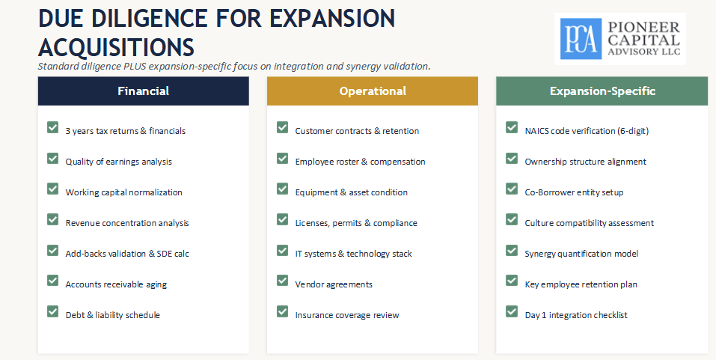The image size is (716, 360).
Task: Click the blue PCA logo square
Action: point(581,39)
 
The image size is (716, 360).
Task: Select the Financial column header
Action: point(144,91)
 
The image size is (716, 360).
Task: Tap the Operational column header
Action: point(373,91)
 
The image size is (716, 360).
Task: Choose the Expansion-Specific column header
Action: point(602,91)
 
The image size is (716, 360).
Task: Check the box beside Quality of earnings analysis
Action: point(53,158)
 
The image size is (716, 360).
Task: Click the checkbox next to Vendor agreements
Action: point(282,281)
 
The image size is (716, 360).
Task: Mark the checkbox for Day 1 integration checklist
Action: point(512,311)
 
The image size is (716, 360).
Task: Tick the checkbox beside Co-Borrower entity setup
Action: point(512,189)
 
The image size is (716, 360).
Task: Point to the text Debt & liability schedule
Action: point(113,315)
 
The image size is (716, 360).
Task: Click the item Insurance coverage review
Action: point(347,315)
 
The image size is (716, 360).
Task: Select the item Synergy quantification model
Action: point(581,254)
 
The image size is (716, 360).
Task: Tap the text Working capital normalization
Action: point(123,192)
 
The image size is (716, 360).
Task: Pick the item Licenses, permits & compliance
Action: point(356,223)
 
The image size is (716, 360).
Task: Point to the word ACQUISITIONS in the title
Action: point(117,47)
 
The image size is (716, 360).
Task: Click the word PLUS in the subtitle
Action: point(135,67)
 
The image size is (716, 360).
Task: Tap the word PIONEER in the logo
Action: point(644,27)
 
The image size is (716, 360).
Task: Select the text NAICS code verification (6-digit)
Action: point(587,131)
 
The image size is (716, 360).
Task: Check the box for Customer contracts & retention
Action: point(282,127)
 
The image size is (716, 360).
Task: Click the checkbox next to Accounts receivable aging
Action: point(53,281)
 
